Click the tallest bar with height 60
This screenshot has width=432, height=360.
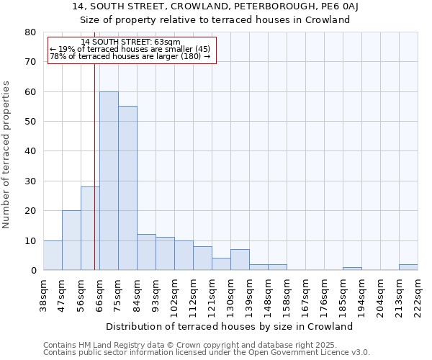[109, 181]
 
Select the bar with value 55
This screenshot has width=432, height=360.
[127, 188]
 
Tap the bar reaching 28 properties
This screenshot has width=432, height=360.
[90, 228]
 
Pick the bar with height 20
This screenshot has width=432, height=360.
[71, 240]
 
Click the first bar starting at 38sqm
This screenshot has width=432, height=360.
[53, 256]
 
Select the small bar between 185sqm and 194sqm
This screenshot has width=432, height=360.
[352, 269]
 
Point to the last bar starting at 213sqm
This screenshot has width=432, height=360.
[408, 267]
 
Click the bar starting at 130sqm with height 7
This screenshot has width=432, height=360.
[240, 260]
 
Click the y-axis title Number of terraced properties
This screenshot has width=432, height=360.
[6, 155]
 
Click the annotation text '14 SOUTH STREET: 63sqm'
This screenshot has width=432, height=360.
[131, 42]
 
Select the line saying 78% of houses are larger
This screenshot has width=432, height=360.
[130, 56]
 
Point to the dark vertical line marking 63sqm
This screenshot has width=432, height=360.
[94, 166]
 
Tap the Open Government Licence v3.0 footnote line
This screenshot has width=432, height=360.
[207, 352]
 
